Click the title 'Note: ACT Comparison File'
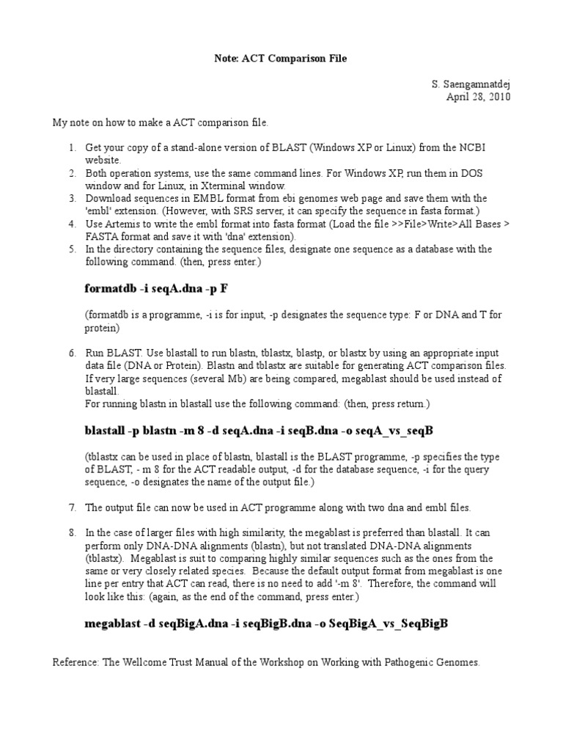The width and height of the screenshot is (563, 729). click(x=281, y=59)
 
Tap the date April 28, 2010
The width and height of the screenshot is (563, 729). click(x=479, y=97)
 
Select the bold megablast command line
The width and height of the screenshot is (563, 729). click(x=266, y=623)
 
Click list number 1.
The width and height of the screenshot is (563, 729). click(x=73, y=148)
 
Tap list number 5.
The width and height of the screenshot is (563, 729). click(x=73, y=249)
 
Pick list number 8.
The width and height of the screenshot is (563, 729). click(x=73, y=532)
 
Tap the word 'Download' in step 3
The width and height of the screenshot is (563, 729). click(x=108, y=199)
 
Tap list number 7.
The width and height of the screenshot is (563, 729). click(x=73, y=507)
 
